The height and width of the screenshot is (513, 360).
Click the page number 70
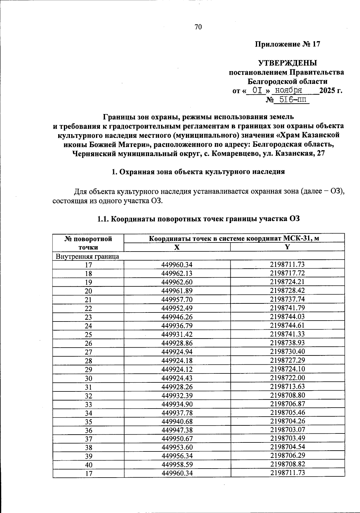198,27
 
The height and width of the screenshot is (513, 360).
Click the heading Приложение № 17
287,44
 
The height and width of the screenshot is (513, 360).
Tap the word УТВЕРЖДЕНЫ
287,63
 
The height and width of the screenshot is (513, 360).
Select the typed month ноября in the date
289,90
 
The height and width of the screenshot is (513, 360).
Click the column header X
177,247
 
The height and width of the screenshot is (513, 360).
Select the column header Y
287,247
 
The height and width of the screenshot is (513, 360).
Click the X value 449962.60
177,282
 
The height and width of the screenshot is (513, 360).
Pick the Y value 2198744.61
287,326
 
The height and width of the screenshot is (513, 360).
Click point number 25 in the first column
88,335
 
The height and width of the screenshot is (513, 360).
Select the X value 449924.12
177,369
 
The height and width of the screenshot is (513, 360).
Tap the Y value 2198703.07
287,430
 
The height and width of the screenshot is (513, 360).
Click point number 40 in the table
88,465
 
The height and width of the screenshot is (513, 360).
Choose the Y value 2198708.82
287,464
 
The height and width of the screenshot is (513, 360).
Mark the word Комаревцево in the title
234,154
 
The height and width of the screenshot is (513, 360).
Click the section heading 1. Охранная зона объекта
198,172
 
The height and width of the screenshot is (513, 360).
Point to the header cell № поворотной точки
88,243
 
